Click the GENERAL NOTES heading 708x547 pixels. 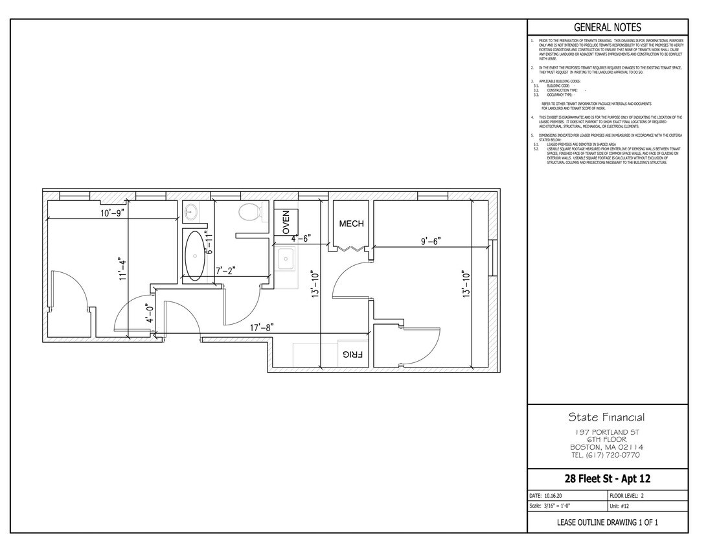point(607,27)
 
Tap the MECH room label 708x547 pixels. point(352,224)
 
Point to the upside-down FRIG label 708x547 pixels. point(351,355)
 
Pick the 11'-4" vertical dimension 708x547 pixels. point(122,267)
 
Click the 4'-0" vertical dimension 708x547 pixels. point(150,313)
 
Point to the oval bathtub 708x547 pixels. point(194,255)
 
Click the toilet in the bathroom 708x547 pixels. point(249,211)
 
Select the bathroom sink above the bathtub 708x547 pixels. point(192,211)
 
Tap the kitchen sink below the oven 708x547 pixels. point(285,261)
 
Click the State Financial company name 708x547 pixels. point(606,417)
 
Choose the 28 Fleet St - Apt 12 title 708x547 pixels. point(607,479)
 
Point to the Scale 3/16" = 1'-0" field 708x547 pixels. point(550,506)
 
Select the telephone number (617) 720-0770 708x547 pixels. point(606,455)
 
